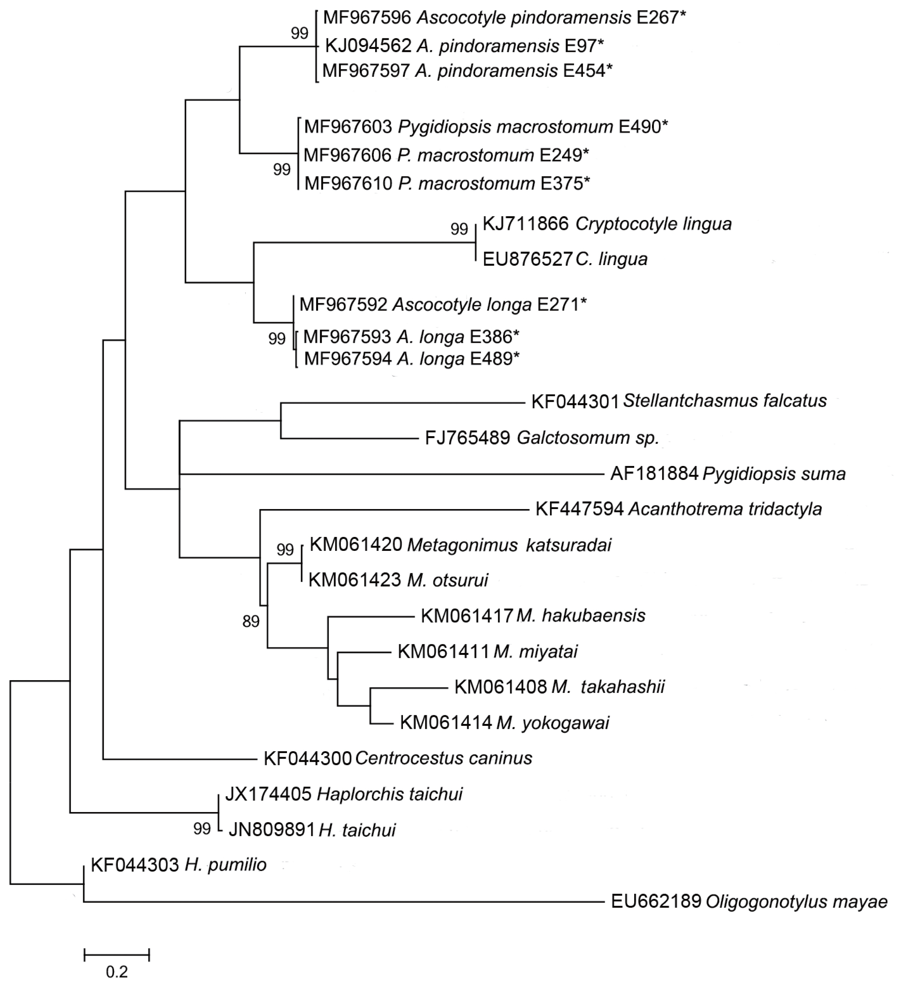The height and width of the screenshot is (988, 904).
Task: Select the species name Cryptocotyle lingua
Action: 653,224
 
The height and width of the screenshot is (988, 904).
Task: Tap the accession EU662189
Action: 656,902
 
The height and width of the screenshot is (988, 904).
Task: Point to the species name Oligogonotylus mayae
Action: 796,902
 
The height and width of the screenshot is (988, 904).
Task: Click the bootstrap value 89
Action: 251,622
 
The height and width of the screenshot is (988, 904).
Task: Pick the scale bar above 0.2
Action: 117,955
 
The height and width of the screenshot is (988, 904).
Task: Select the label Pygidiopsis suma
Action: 774,474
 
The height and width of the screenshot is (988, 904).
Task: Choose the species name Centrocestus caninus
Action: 443,758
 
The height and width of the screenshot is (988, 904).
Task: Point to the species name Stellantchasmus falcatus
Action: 725,401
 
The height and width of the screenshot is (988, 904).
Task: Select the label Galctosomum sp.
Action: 588,438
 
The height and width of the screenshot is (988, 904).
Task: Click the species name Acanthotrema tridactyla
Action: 725,509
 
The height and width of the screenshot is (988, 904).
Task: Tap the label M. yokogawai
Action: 553,723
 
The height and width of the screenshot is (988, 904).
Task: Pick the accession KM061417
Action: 466,616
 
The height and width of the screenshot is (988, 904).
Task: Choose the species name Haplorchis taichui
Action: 390,794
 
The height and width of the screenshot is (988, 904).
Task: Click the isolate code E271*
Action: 562,305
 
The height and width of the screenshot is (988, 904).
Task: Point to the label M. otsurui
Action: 447,580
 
